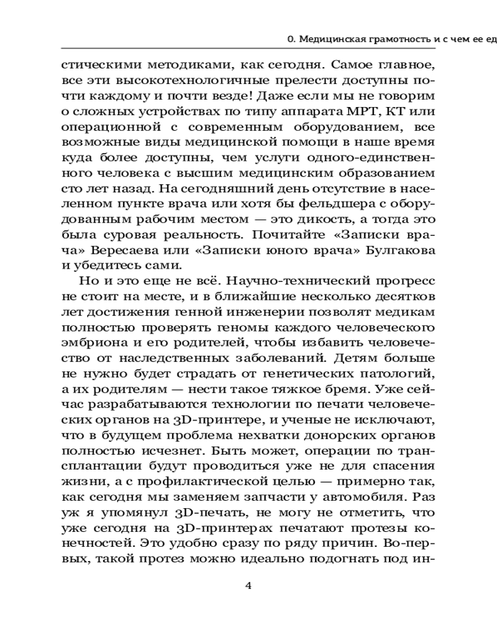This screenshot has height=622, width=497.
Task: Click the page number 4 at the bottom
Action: [x=248, y=585]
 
